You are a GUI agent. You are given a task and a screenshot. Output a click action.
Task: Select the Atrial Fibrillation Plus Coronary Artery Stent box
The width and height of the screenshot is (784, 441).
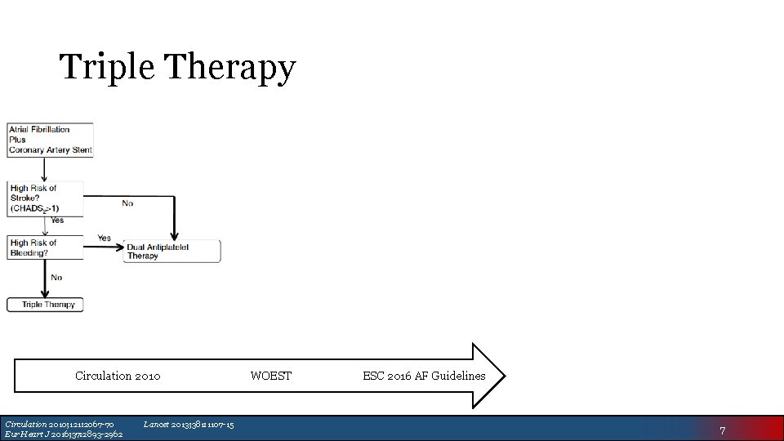(51, 140)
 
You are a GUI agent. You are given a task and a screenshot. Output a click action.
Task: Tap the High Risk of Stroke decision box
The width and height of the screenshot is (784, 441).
(45, 198)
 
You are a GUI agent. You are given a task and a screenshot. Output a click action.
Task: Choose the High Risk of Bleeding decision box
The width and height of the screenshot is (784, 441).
(45, 247)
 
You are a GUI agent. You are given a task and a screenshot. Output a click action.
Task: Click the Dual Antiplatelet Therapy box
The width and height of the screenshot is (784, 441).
(172, 251)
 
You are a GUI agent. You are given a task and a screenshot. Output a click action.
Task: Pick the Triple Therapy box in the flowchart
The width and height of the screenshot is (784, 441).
(46, 305)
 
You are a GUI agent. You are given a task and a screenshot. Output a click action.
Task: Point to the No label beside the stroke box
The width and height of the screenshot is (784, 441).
(127, 203)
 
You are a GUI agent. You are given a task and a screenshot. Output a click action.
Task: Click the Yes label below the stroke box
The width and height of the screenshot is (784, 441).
(57, 220)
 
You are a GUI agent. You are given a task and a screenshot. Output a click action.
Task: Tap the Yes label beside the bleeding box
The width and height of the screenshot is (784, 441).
(104, 238)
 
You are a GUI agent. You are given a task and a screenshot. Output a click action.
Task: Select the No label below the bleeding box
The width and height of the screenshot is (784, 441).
(56, 278)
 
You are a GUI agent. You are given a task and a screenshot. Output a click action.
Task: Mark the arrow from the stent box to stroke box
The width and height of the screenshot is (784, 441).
(45, 170)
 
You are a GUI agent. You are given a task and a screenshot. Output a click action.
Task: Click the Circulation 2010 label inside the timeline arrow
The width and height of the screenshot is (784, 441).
(118, 376)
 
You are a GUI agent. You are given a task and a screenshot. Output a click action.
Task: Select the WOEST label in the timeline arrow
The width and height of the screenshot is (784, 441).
(270, 376)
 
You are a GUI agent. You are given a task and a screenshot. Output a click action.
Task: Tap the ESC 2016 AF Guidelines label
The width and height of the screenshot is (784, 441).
(424, 376)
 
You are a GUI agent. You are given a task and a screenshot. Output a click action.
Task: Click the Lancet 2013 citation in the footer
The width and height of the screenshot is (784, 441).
(189, 424)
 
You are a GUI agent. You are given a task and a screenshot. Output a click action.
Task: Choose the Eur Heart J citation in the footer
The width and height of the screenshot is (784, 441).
(64, 434)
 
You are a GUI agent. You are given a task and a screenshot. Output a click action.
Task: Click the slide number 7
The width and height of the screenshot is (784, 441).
(722, 430)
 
